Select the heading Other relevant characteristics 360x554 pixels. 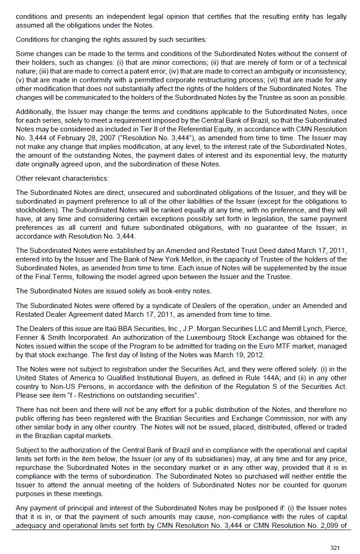(x=62, y=178)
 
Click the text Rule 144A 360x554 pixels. (x=246, y=378)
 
